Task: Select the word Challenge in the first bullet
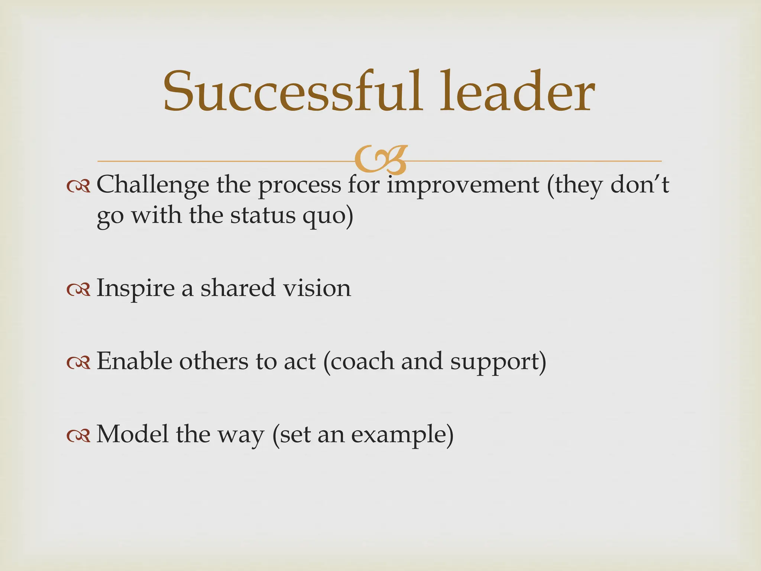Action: [x=153, y=185]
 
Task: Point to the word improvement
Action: [x=463, y=185]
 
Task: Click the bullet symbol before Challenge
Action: [x=78, y=187]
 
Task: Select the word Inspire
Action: [x=136, y=288]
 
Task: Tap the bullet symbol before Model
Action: [x=78, y=436]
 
